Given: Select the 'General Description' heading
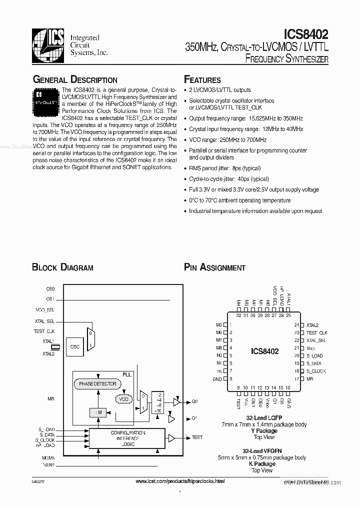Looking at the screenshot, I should coord(75,80).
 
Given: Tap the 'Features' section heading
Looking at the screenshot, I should coord(202,80).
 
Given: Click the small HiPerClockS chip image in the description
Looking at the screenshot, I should coord(46,98).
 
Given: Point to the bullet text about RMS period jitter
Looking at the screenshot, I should coord(224,168).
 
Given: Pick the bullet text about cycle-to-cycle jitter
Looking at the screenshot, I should coord(228,179).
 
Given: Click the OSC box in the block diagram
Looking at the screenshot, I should coord(75,346).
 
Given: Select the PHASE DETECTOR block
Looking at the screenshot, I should coord(97,384).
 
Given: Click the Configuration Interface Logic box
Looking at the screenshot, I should coord(128,437).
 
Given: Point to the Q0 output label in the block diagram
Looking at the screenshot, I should coord(195,401).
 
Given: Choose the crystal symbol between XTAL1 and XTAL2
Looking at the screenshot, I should coord(56,346).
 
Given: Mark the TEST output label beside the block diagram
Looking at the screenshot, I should coord(197,437).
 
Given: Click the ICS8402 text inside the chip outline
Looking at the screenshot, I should coord(264,351).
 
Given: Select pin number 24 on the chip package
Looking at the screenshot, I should coord(296,325).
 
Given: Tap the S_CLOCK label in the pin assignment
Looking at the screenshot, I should coord(316,371).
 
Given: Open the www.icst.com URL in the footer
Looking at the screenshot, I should coord(180,481).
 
